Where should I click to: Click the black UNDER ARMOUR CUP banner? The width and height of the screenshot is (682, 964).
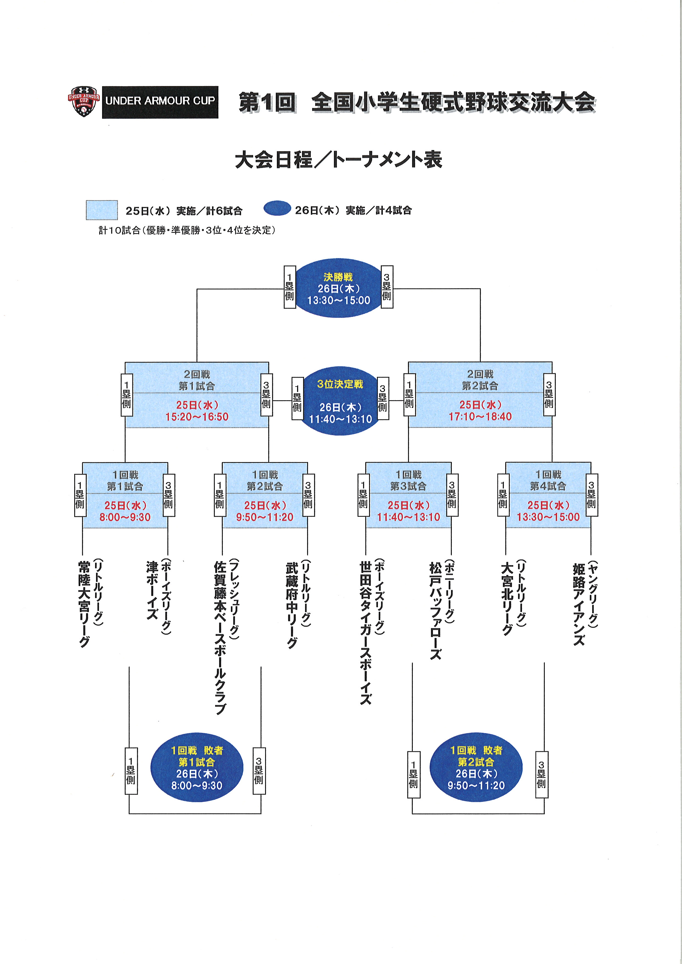point(160,102)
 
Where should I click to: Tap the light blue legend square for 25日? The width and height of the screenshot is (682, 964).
point(102,210)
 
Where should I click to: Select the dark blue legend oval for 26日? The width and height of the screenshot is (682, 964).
point(277,209)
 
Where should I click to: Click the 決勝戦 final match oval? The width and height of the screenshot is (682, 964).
point(339,288)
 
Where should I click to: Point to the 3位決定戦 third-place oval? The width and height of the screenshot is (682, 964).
point(340,401)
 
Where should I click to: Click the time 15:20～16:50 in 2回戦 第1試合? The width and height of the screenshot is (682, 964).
point(197,417)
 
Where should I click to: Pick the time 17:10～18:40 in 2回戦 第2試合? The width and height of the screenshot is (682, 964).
point(480,416)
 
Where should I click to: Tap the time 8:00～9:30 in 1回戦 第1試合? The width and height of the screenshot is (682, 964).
point(125,517)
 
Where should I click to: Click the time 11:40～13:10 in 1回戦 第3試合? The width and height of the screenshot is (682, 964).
point(409,517)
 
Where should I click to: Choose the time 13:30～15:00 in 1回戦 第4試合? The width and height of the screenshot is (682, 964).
point(548,517)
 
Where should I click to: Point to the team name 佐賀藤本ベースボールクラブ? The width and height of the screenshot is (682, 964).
point(220,638)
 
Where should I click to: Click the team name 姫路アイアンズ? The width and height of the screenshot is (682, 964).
point(579,605)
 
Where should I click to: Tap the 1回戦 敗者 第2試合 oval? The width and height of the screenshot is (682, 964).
point(476,767)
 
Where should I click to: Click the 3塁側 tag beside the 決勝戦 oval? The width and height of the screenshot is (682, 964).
point(387,287)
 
